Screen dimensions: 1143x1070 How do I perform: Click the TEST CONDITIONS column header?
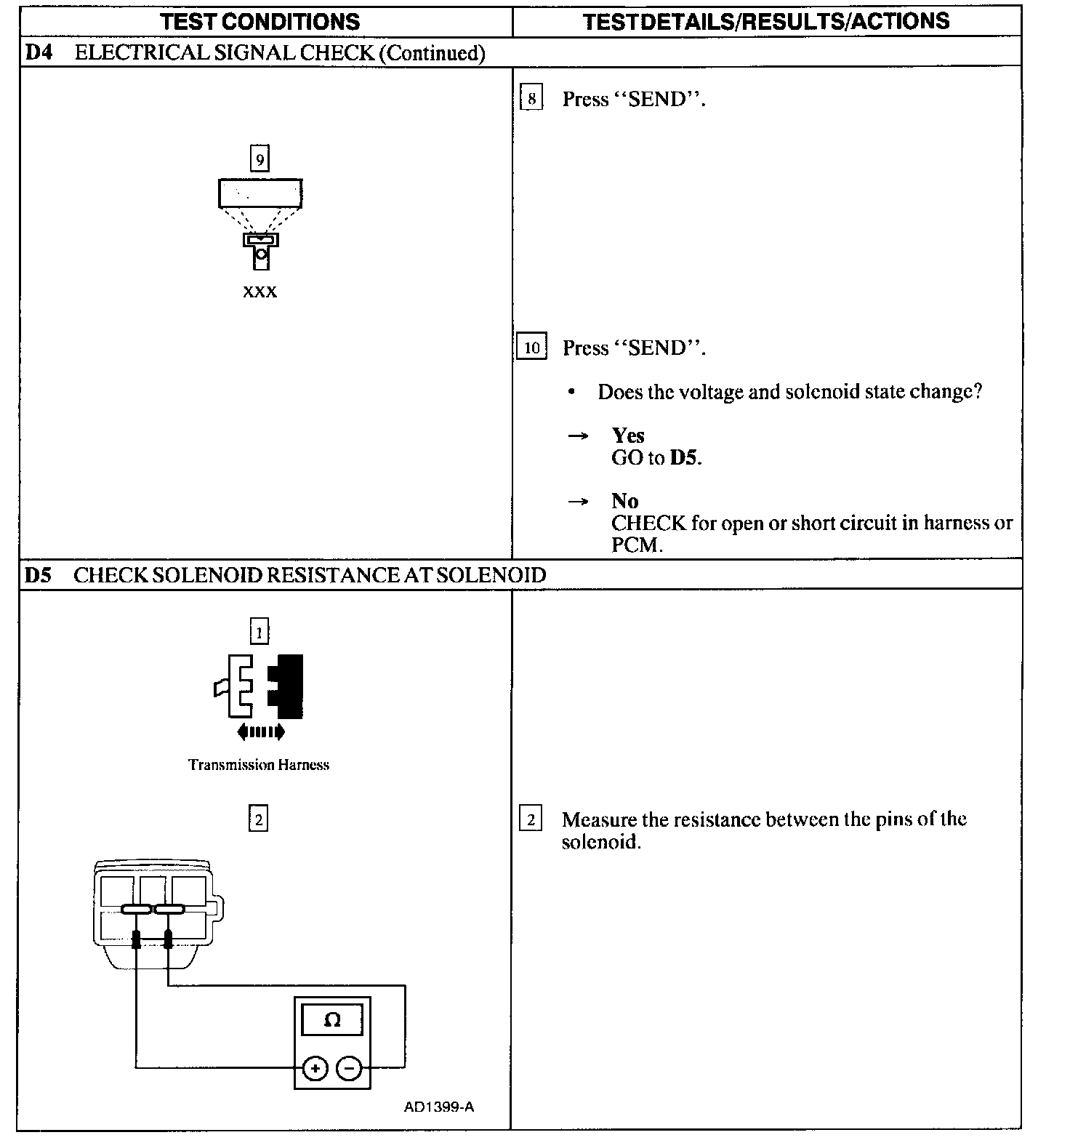pos(260,21)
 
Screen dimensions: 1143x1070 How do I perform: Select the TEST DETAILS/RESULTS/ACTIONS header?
pos(766,21)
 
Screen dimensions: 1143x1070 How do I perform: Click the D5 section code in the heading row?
pos(38,575)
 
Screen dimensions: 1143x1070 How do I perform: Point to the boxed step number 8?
pos(532,99)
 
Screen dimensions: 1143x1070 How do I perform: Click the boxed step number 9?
pos(260,159)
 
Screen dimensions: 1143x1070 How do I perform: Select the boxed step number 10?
pos(531,348)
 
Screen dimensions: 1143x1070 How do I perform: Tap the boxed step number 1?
pos(259,631)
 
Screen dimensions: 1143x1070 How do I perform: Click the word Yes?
pos(628,435)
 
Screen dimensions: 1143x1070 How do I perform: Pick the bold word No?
pos(625,500)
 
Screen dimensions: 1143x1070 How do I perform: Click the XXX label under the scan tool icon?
pos(260,292)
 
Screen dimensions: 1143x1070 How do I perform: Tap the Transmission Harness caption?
pos(259,765)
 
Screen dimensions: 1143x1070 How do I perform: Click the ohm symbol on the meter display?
pos(332,1020)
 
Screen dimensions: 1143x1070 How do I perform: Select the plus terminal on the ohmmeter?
pos(315,1068)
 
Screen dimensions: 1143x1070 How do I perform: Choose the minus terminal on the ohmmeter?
pos(350,1068)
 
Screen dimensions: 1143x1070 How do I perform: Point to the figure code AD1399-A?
pos(439,1107)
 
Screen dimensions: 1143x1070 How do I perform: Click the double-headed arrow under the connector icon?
pos(260,732)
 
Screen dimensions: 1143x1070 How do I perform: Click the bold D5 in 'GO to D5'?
pos(685,458)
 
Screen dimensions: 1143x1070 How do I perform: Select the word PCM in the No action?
pos(636,545)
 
